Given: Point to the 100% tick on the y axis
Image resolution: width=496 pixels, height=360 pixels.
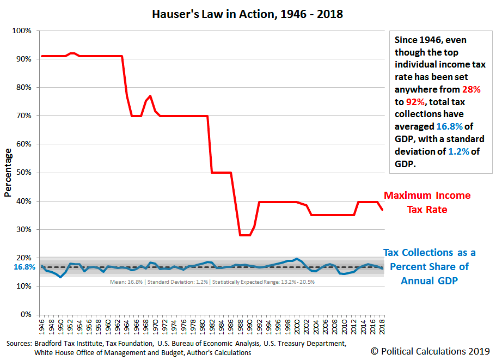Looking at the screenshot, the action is (22, 30).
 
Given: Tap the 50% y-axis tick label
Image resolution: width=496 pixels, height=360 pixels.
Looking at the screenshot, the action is (24, 173).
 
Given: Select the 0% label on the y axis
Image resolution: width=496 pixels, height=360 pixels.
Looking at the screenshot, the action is (26, 314).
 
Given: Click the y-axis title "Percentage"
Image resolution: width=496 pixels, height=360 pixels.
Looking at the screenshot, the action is (8, 173).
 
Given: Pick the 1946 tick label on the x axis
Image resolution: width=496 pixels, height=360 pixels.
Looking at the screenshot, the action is (42, 327).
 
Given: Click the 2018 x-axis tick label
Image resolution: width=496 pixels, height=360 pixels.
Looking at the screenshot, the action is (382, 327).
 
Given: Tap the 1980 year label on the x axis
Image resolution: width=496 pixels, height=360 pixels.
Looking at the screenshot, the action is (203, 327).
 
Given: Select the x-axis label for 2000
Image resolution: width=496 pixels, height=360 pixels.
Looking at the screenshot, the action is (297, 327).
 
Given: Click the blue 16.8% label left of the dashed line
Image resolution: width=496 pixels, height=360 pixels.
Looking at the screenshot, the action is (25, 267).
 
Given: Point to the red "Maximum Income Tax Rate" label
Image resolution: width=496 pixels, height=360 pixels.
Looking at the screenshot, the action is (427, 203).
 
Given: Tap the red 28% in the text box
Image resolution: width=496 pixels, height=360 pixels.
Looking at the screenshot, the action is (471, 89).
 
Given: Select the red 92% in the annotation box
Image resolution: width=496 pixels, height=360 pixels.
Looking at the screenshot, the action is (415, 102).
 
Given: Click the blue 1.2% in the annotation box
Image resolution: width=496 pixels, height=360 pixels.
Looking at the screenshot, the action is (458, 151).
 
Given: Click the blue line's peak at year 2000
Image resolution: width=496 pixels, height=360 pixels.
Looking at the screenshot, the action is (297, 259).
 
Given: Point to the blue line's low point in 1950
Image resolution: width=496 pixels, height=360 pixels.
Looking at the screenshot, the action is (60, 277).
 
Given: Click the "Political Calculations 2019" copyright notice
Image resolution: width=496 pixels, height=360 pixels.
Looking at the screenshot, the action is (430, 351).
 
